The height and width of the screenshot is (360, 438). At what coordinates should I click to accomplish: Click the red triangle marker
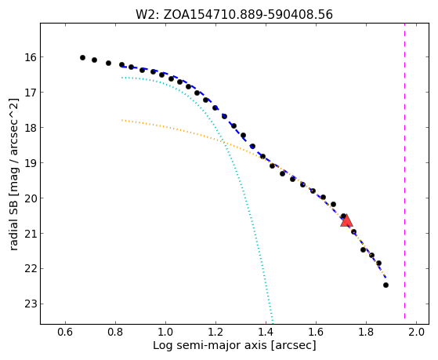[x=346, y=220]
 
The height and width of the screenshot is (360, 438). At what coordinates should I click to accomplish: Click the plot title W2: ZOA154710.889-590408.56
[x=234, y=15]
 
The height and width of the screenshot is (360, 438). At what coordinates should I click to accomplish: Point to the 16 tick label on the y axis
[x=31, y=57]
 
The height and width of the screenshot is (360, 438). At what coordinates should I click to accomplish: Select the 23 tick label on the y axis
[x=31, y=304]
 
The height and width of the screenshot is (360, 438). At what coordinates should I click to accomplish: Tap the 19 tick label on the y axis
[x=31, y=163]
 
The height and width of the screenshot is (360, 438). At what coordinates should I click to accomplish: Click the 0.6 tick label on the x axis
[x=65, y=333]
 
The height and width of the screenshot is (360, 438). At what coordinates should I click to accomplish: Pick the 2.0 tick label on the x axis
[x=416, y=333]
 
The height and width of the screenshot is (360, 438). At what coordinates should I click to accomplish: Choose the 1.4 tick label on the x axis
[x=266, y=333]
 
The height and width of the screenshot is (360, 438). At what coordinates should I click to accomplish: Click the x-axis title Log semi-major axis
[x=210, y=346]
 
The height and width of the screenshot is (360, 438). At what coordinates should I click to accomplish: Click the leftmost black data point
[x=82, y=57]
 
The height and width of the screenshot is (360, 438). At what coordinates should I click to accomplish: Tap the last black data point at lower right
[x=386, y=285]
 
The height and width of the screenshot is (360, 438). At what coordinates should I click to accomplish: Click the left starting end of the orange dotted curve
[x=121, y=120]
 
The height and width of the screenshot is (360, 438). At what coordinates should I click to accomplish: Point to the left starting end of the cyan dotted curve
[x=121, y=78]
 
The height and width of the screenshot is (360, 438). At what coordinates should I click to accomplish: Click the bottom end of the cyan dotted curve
[x=273, y=323]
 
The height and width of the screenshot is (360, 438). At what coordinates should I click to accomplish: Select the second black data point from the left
[x=94, y=60]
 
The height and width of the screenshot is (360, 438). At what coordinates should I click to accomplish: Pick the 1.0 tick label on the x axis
[x=165, y=333]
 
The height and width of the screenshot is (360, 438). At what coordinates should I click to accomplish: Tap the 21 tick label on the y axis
[x=31, y=233]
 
